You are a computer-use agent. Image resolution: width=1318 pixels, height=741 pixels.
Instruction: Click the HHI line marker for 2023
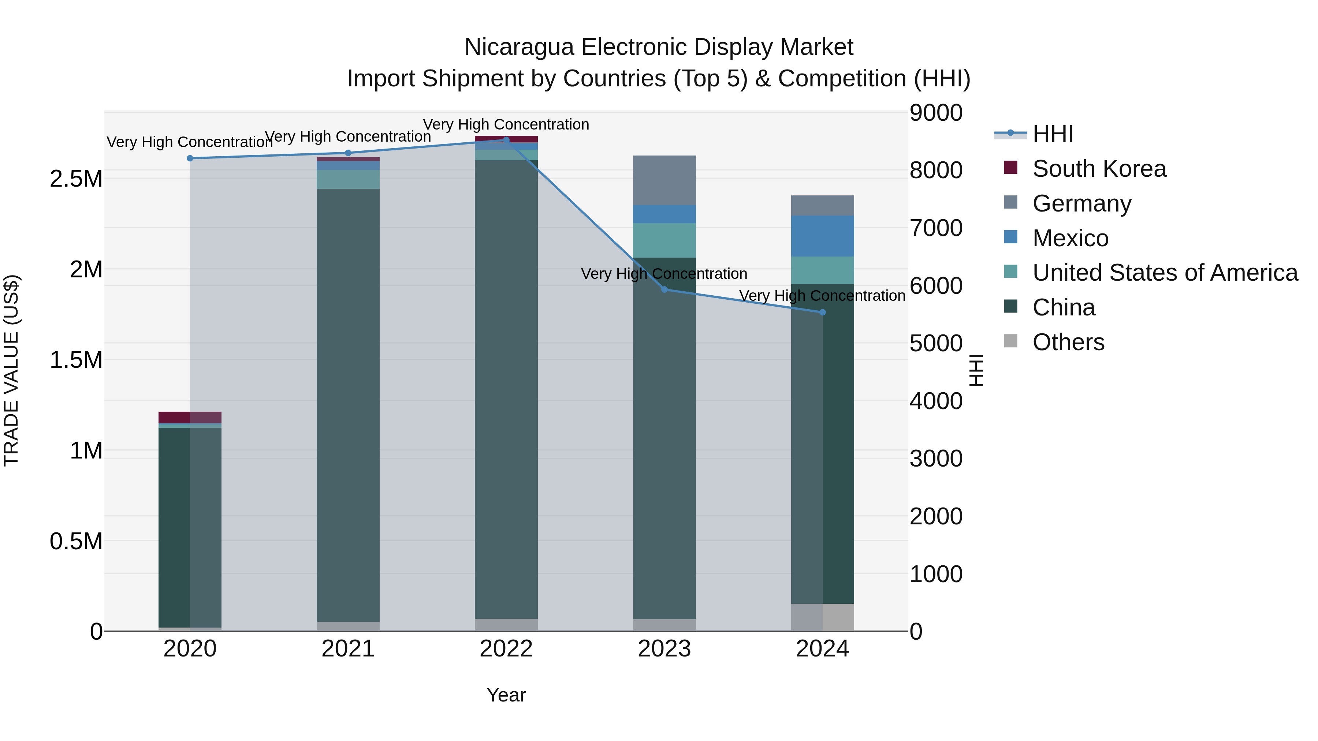pyautogui.click(x=664, y=289)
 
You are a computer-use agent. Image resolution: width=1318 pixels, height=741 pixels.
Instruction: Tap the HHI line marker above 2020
pyautogui.click(x=190, y=158)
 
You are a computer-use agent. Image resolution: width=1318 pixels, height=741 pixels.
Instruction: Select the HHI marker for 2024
pyautogui.click(x=822, y=313)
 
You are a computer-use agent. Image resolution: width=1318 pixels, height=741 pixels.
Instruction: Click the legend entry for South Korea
pyautogui.click(x=1099, y=169)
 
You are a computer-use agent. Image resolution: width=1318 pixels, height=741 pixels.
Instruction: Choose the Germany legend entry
pyautogui.click(x=1081, y=203)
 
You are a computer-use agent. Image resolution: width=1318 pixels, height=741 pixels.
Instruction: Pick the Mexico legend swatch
pyautogui.click(x=1010, y=237)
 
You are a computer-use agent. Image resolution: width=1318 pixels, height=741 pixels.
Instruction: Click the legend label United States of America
pyautogui.click(x=1165, y=273)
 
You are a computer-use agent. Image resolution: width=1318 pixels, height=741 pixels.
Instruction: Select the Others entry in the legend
pyautogui.click(x=1068, y=342)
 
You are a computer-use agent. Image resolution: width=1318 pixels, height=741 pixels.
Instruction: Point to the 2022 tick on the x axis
pyautogui.click(x=506, y=649)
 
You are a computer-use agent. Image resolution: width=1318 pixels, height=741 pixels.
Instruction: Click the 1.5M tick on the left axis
pyautogui.click(x=76, y=360)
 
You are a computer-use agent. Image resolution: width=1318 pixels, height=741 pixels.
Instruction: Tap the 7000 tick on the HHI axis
pyautogui.click(x=936, y=228)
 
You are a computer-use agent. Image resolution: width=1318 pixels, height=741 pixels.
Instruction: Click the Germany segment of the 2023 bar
pyautogui.click(x=664, y=180)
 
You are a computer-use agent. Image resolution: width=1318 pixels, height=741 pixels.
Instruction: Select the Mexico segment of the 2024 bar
pyautogui.click(x=822, y=236)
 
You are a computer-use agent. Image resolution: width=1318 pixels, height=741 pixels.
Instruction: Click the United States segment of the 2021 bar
pyautogui.click(x=348, y=179)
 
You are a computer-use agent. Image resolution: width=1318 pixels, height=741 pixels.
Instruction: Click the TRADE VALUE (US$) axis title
pyautogui.click(x=11, y=370)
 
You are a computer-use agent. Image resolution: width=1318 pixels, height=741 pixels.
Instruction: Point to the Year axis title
pyautogui.click(x=506, y=695)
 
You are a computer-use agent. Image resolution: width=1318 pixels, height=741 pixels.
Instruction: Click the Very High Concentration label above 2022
pyautogui.click(x=506, y=124)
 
